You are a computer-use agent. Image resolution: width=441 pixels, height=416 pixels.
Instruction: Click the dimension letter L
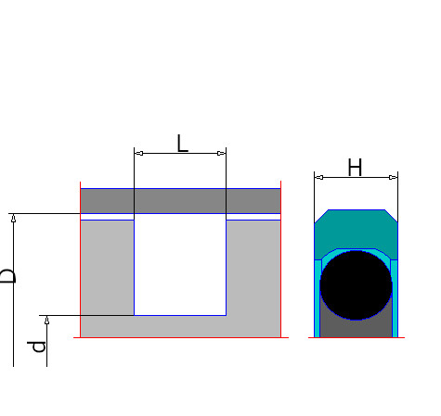[182, 144]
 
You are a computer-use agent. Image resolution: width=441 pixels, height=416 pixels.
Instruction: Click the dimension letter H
[355, 167]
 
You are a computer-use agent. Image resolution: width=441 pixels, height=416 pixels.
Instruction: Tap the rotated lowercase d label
[36, 347]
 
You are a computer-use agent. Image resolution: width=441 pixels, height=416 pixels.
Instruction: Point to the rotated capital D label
[7, 276]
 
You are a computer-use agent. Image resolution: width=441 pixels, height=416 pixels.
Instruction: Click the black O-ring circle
[356, 285]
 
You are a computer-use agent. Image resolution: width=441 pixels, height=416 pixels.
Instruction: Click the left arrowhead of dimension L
[139, 153]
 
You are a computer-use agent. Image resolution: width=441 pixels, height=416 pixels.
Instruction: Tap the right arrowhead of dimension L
[222, 153]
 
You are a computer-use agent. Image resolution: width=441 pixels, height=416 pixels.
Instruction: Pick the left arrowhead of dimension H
[319, 177]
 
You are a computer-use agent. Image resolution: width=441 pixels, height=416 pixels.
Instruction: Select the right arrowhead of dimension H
[393, 177]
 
